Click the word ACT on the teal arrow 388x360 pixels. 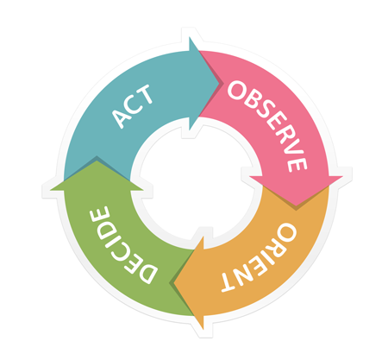[x=132, y=106]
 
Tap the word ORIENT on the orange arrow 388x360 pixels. [x=260, y=257]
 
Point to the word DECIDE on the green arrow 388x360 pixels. [x=123, y=244]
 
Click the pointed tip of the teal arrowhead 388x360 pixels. [x=220, y=84]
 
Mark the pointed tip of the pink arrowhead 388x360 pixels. [x=296, y=206]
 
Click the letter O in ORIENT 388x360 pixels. [x=285, y=232]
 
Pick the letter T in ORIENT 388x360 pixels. [x=229, y=283]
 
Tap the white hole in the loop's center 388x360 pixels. [x=197, y=183]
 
